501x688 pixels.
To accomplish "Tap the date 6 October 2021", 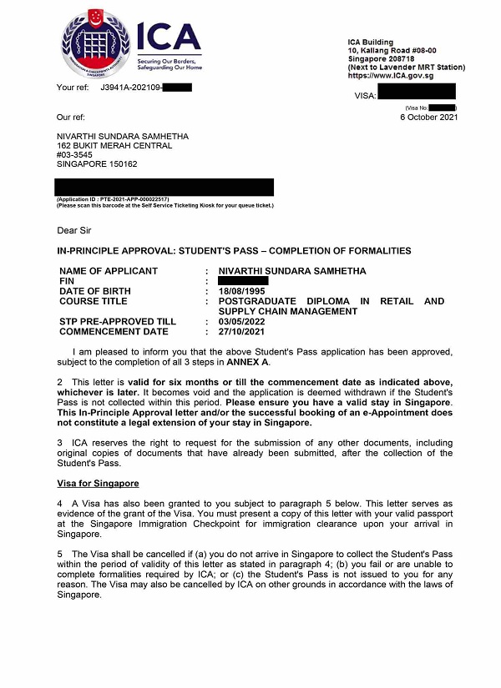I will [429, 117].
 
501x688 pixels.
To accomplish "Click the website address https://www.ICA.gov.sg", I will [391, 76].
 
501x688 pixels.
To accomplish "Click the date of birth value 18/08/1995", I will [243, 291].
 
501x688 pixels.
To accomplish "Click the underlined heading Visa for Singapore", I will [98, 483].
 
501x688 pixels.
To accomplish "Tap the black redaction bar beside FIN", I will [243, 281].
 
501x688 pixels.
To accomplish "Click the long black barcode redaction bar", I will [164, 187].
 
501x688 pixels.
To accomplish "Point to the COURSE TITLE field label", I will [94, 301].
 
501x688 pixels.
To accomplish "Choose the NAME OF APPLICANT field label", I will [109, 271].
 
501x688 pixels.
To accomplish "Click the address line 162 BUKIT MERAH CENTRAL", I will [114, 145].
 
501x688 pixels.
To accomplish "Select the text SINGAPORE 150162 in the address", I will [97, 163].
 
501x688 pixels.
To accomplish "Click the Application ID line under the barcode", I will [113, 199].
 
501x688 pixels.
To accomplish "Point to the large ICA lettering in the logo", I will [170, 37].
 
